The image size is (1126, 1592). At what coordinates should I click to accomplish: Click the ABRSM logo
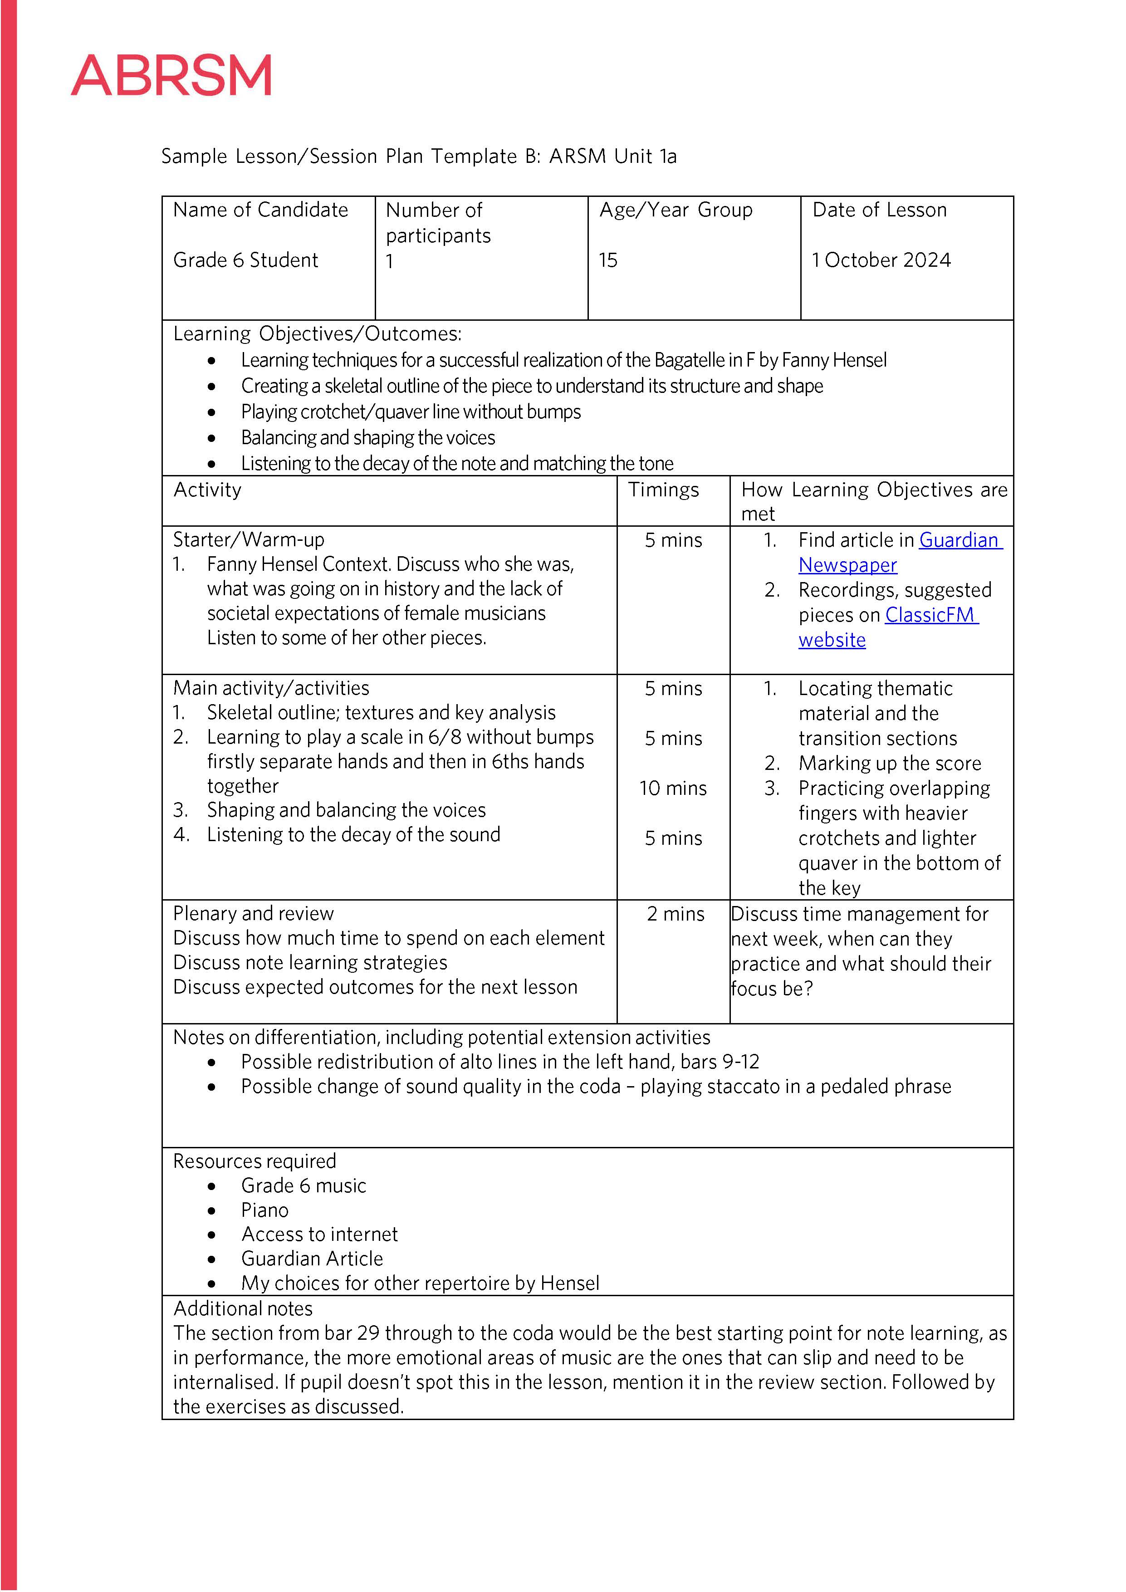pyautogui.click(x=171, y=76)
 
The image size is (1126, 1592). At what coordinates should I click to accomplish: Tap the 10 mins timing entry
pyautogui.click(x=672, y=789)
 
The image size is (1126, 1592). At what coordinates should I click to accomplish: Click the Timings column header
pyautogui.click(x=664, y=490)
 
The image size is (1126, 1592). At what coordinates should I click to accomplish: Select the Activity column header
pyautogui.click(x=207, y=490)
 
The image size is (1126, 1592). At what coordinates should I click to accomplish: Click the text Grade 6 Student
pyautogui.click(x=245, y=260)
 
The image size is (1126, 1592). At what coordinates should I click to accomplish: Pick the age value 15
pyautogui.click(x=608, y=260)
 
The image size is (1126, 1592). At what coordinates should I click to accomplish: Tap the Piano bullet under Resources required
pyautogui.click(x=264, y=1210)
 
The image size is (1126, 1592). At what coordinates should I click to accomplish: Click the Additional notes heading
pyautogui.click(x=243, y=1308)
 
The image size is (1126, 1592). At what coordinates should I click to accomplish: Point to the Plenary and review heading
pyautogui.click(x=253, y=913)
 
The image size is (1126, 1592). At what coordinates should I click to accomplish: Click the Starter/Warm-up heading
pyautogui.click(x=248, y=539)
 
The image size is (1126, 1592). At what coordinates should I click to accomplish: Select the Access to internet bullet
pyautogui.click(x=319, y=1234)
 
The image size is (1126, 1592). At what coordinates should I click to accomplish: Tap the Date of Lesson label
pyautogui.click(x=879, y=210)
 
